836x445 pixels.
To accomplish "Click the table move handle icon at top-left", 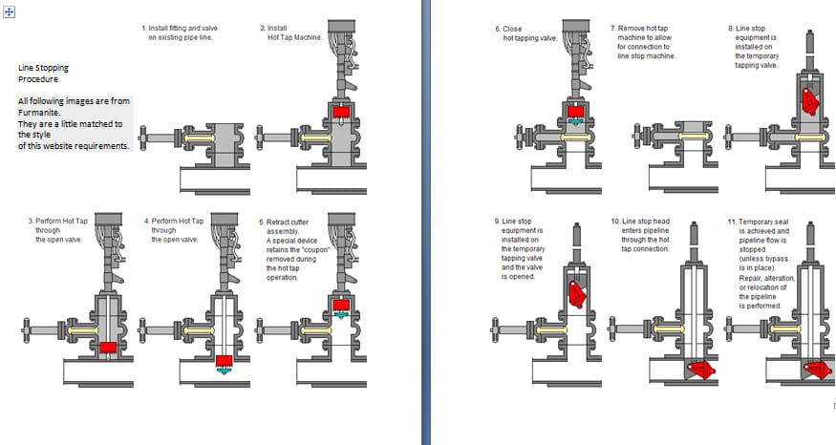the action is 9,11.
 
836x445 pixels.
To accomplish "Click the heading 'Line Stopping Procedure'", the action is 43,74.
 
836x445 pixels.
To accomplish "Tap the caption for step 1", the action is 180,32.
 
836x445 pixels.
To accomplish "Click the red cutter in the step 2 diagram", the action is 341,112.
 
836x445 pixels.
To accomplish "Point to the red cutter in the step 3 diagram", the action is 108,348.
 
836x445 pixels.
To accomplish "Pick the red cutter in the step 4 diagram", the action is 225,360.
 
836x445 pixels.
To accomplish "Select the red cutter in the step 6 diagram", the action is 576,112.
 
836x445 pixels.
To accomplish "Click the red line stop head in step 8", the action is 810,101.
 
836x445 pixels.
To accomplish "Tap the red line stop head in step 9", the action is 577,295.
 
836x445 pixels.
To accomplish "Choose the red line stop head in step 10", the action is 701,370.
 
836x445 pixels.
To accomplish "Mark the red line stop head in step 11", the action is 818,370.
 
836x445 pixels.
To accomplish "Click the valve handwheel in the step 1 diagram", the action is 143,138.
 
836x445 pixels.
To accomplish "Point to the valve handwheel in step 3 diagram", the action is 26,331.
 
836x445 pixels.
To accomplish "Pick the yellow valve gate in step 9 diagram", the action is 552,330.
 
